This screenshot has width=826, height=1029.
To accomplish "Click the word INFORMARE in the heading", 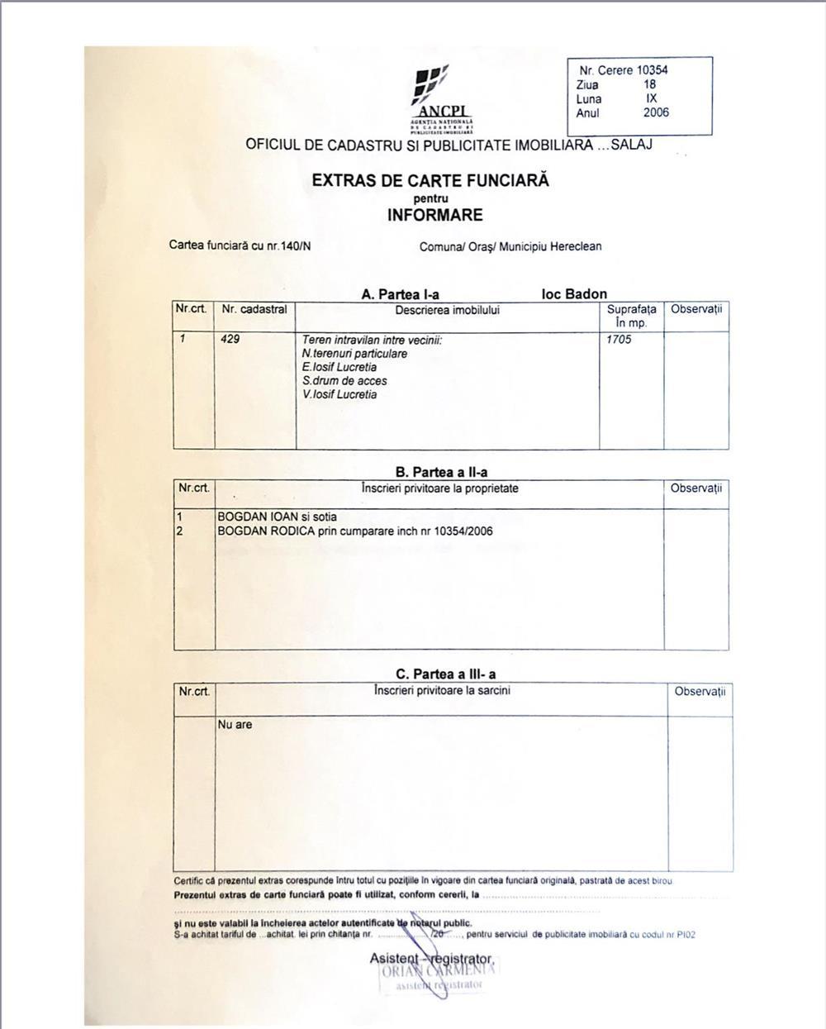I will coord(434,216).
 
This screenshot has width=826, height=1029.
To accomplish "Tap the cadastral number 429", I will coord(230,339).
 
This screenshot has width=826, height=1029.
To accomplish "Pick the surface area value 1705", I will coord(619,339).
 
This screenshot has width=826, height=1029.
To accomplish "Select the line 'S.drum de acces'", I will coord(344,381).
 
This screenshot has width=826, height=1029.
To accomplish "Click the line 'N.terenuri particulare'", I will coord(354,354).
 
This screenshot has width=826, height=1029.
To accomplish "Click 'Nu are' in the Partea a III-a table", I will coord(235,725).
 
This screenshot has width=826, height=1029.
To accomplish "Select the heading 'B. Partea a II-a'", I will coord(441,473).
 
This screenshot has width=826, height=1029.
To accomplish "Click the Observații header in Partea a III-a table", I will coord(700,691).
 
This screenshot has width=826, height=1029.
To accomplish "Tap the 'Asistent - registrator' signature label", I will coord(431,959).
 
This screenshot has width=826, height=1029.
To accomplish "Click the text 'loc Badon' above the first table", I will coord(574,294).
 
